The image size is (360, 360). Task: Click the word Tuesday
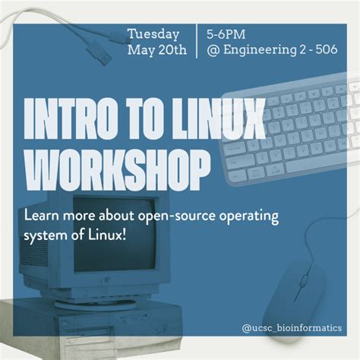(153, 34)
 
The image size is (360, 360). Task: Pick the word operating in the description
(245, 216)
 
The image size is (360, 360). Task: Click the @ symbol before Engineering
(211, 51)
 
